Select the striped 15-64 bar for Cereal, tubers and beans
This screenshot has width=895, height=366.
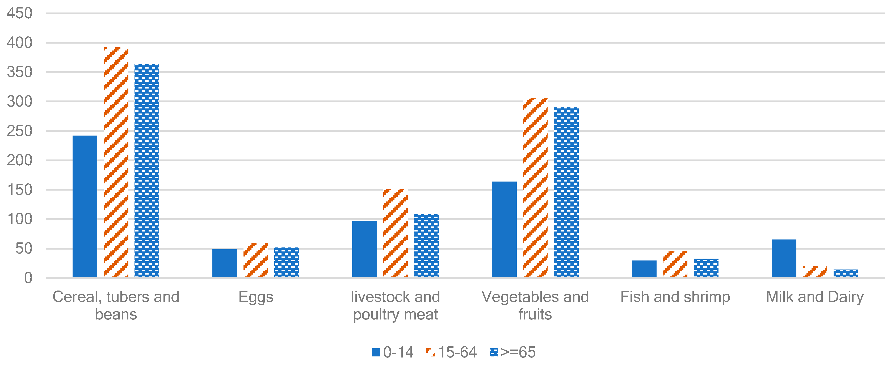pos(116,162)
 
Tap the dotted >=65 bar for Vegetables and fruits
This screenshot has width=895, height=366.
pos(566,192)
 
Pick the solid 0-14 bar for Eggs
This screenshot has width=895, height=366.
pos(224,263)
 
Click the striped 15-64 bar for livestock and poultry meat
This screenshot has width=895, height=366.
pos(395,233)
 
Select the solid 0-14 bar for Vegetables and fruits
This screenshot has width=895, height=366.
pos(504,229)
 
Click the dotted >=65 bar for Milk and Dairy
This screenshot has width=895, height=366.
pos(846,273)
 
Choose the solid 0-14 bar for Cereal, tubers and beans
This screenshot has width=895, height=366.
pos(85,206)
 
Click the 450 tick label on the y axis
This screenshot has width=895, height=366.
pos(19,14)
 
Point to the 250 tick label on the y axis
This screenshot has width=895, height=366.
pos(19,131)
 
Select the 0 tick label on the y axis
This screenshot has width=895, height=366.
pos(28,278)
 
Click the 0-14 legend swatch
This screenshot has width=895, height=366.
pos(376,352)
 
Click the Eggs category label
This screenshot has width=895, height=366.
pos(256,297)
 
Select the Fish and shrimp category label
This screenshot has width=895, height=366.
pos(675,297)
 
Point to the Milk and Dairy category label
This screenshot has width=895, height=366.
pos(815,297)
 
